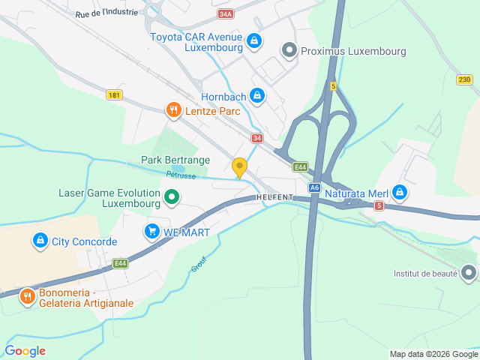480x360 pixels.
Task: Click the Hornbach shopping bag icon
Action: click(257, 95)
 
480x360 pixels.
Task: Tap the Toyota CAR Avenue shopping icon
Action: click(254, 40)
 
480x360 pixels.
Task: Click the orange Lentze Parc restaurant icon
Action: click(173, 111)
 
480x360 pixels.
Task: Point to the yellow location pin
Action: click(239, 167)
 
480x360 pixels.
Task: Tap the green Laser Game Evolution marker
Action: click(172, 198)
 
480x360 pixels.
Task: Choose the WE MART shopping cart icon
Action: click(153, 232)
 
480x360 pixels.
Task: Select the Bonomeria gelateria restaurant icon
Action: click(28, 296)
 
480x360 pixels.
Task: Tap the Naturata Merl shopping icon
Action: click(400, 193)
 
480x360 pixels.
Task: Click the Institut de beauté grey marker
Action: click(469, 273)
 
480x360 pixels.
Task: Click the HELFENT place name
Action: click(274, 196)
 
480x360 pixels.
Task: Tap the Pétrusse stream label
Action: click(180, 174)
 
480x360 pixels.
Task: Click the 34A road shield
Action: click(226, 14)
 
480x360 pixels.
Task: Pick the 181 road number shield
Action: click(114, 95)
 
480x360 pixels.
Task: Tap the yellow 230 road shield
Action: click(465, 79)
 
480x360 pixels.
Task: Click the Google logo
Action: click(25, 350)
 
